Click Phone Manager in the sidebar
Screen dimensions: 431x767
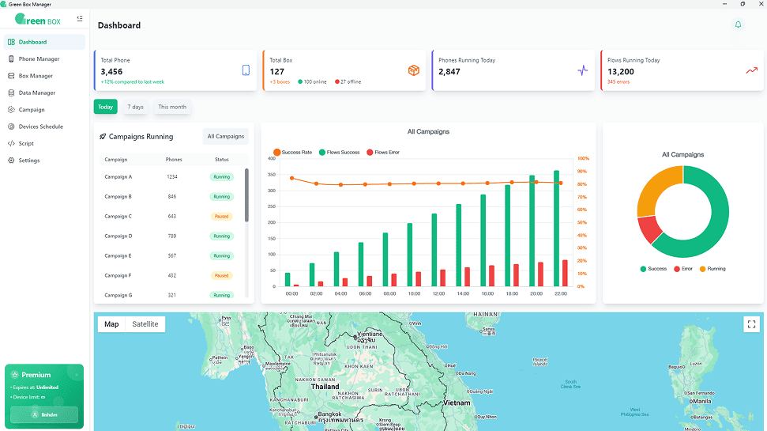click(39, 59)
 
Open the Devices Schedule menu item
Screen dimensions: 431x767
click(40, 127)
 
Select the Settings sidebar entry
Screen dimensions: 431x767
click(29, 161)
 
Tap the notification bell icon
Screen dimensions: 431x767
click(738, 25)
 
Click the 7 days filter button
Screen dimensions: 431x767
click(137, 107)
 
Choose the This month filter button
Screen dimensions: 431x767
click(172, 107)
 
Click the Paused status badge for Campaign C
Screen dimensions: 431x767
click(222, 217)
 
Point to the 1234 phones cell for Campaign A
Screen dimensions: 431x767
click(172, 177)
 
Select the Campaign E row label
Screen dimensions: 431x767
click(118, 256)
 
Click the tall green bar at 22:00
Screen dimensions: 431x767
click(556, 228)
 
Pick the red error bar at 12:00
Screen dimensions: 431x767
click(442, 278)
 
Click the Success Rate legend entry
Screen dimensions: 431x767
click(291, 152)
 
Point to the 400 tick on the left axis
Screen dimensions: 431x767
click(272, 159)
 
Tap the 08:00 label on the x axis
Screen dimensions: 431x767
click(389, 293)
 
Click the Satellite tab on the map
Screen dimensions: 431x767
click(145, 324)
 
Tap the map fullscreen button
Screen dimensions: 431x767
click(751, 324)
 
